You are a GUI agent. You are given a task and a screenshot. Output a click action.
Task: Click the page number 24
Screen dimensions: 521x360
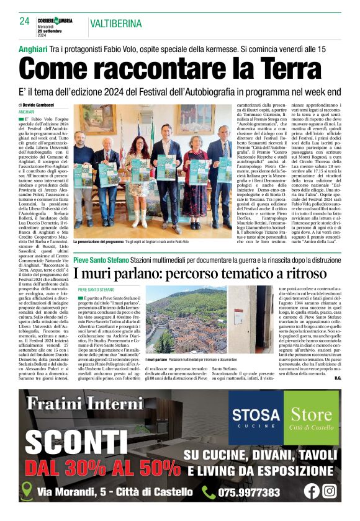pos(24,21)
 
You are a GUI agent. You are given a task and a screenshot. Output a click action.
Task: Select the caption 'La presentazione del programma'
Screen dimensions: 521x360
pos(99,242)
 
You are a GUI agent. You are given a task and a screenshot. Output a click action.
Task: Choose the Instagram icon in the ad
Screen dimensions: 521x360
pos(330,491)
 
